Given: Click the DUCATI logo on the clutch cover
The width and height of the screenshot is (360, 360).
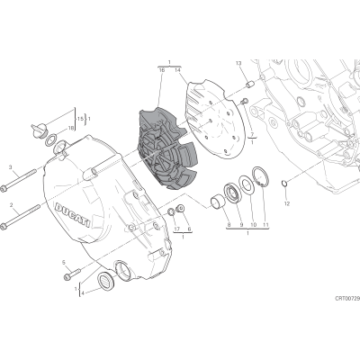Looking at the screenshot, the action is click(72, 215).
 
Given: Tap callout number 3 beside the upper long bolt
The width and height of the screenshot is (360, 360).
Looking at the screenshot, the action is click(10, 167).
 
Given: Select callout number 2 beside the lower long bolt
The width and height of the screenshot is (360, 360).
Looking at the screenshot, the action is click(11, 205).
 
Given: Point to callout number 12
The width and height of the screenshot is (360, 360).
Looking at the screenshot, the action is click(287, 204).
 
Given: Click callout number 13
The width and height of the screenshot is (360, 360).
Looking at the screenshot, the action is click(238, 63).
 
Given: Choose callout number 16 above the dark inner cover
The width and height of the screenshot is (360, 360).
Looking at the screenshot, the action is click(162, 70).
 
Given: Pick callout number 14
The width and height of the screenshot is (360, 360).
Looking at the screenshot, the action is click(177, 70).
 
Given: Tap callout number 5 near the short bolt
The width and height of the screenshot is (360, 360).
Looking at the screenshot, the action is click(64, 263).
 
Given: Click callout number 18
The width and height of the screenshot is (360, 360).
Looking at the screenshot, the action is click(71, 128).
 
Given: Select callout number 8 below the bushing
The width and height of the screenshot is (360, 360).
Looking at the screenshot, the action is click(229, 224).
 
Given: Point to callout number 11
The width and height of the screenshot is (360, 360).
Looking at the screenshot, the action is click(265, 224).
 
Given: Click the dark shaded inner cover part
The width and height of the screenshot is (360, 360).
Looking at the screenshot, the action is click(166, 150).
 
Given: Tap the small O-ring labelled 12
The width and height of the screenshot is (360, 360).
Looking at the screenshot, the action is click(284, 183).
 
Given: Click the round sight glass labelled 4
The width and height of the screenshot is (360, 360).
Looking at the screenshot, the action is click(106, 281).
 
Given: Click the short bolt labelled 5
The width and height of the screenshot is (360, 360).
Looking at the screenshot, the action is click(72, 274).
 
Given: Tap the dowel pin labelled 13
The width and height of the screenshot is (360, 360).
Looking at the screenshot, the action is click(249, 84).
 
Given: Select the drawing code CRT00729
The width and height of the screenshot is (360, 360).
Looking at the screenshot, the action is click(347, 299).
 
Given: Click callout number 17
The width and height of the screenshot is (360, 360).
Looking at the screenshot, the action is click(176, 229).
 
